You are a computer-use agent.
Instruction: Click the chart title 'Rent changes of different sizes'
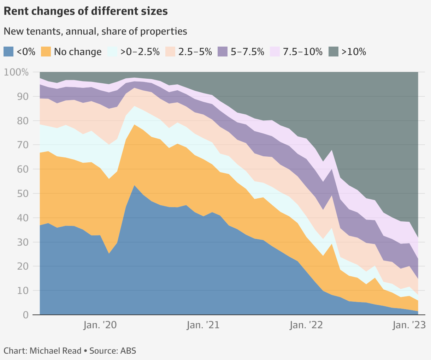point(85,11)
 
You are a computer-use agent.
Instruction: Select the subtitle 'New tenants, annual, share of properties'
point(95,31)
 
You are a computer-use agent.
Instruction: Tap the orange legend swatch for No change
point(46,52)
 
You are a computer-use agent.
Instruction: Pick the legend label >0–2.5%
point(140,52)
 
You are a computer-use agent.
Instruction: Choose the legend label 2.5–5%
point(195,52)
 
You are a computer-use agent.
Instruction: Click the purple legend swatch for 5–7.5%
point(223,52)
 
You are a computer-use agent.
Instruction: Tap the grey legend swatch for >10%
point(333,52)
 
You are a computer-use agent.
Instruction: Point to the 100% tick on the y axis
point(16,72)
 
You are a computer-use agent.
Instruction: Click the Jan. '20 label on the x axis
point(100,325)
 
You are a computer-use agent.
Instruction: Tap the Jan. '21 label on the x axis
point(203,325)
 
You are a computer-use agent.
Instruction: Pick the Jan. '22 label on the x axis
point(306,325)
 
